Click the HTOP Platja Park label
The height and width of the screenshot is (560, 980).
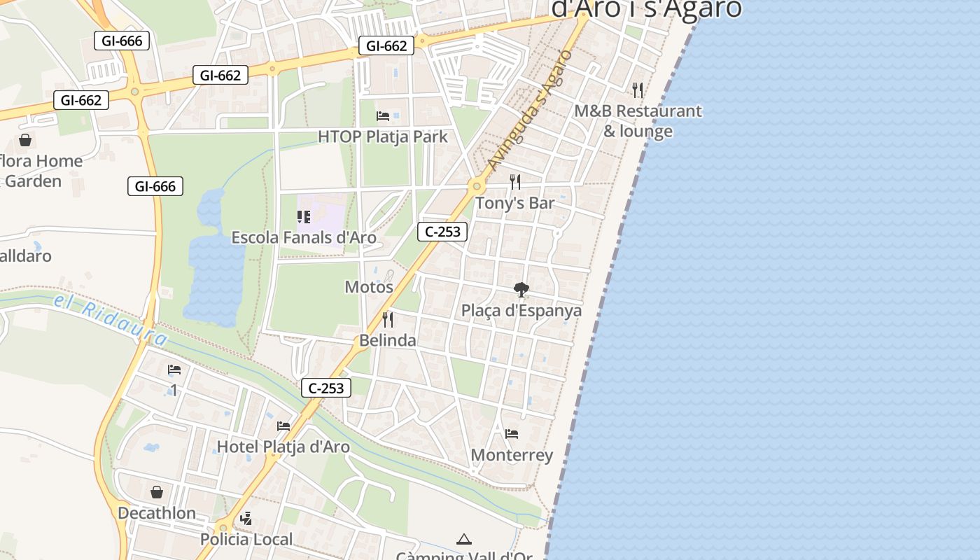(383, 136)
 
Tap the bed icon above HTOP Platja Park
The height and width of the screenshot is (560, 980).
(383, 115)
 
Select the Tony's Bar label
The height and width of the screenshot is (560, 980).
(514, 203)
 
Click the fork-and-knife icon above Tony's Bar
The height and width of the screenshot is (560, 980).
(515, 182)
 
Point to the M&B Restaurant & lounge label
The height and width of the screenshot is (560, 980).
(638, 121)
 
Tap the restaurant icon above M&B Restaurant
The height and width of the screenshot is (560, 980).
(638, 90)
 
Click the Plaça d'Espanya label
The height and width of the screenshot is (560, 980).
(521, 310)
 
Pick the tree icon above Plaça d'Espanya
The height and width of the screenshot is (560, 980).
(521, 289)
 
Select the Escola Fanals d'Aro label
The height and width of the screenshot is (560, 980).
(304, 237)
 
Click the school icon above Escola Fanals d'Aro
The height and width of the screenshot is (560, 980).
(303, 217)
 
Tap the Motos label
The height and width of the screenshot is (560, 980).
(369, 287)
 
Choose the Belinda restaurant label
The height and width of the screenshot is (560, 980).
(388, 340)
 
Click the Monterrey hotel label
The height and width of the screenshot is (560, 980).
(512, 455)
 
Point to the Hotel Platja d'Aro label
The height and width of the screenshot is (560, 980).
(283, 447)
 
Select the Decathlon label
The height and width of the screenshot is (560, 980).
(157, 513)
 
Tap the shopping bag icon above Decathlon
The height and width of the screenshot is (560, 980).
(157, 493)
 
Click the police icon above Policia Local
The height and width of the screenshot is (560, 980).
(246, 519)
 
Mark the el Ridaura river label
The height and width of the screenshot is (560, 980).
(111, 319)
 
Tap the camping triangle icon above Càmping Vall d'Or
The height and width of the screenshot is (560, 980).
(463, 539)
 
